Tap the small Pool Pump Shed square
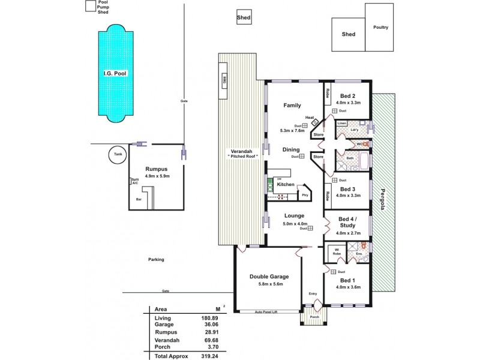point(91,6)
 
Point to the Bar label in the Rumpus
point(139,199)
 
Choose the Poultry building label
point(380,27)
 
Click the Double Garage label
point(269,277)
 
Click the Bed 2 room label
point(348,96)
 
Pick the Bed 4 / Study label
point(347,222)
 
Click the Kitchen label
point(286,184)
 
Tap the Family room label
point(292,106)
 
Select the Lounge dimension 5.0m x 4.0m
point(294,224)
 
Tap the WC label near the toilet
point(359,144)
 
